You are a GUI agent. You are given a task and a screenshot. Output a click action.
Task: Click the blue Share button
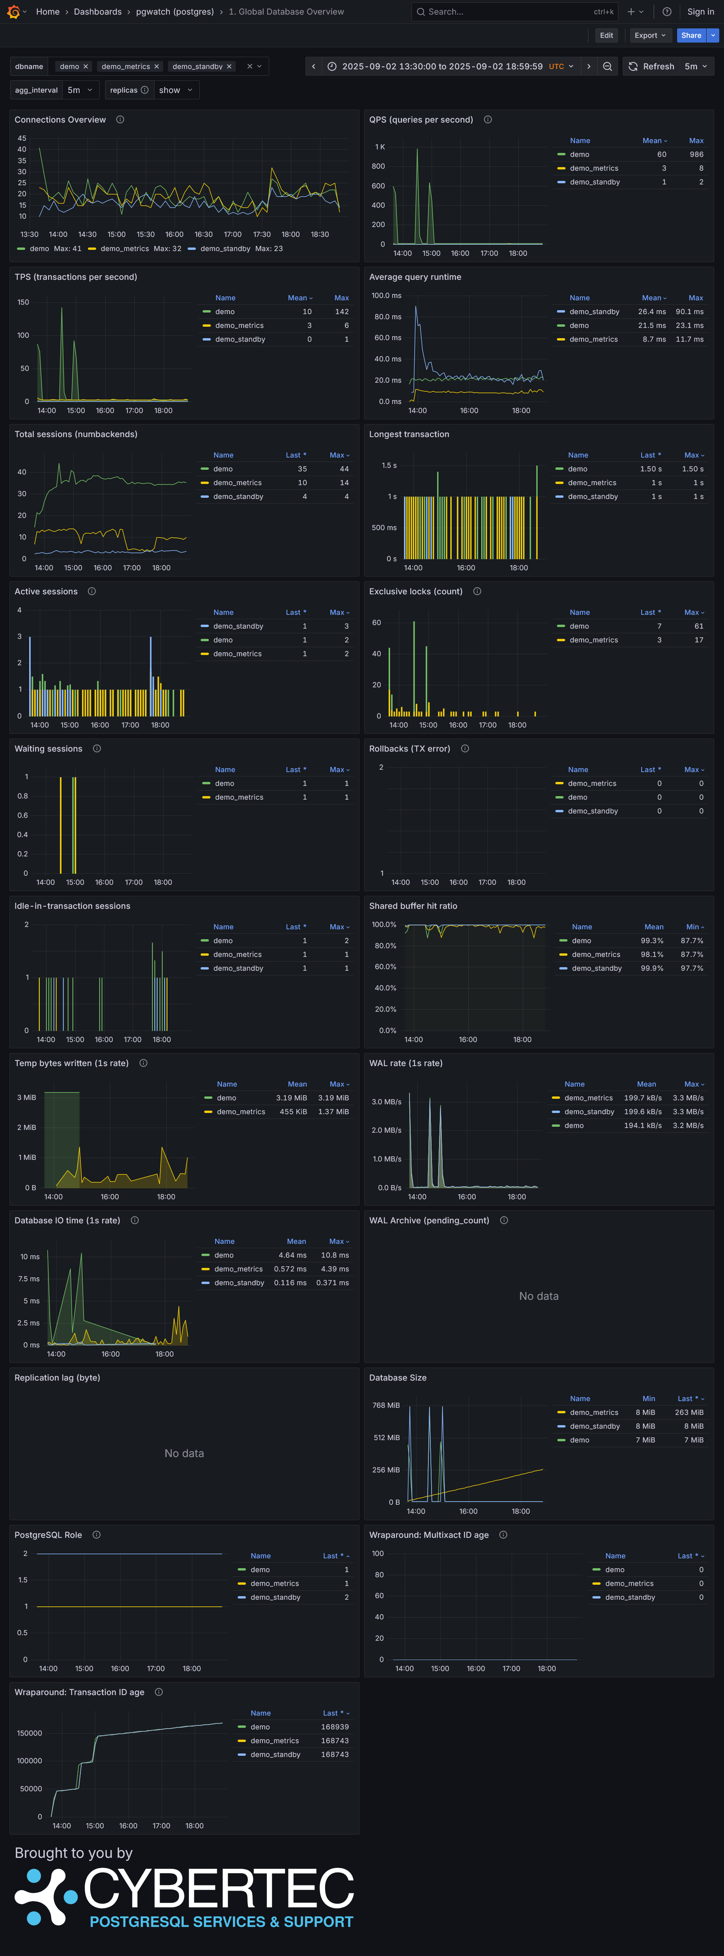pos(690,36)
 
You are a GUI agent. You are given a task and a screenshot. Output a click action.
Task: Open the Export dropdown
pos(650,36)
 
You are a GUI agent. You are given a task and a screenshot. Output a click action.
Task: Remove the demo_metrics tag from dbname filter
pos(156,67)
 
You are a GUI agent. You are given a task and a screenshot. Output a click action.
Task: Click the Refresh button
pos(651,67)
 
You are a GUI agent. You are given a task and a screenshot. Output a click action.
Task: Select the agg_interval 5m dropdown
pos(80,90)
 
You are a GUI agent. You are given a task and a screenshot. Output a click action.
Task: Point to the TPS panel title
pos(76,277)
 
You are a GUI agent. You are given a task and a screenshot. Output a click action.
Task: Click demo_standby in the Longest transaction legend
pos(593,497)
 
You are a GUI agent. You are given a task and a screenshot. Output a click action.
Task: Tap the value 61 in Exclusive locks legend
pos(698,626)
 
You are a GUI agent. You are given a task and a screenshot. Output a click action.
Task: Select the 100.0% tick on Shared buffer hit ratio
pos(383,925)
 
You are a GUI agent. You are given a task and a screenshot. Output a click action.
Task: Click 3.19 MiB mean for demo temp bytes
pos(291,1098)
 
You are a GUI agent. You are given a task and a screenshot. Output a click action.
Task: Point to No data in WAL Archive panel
pos(539,1296)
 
